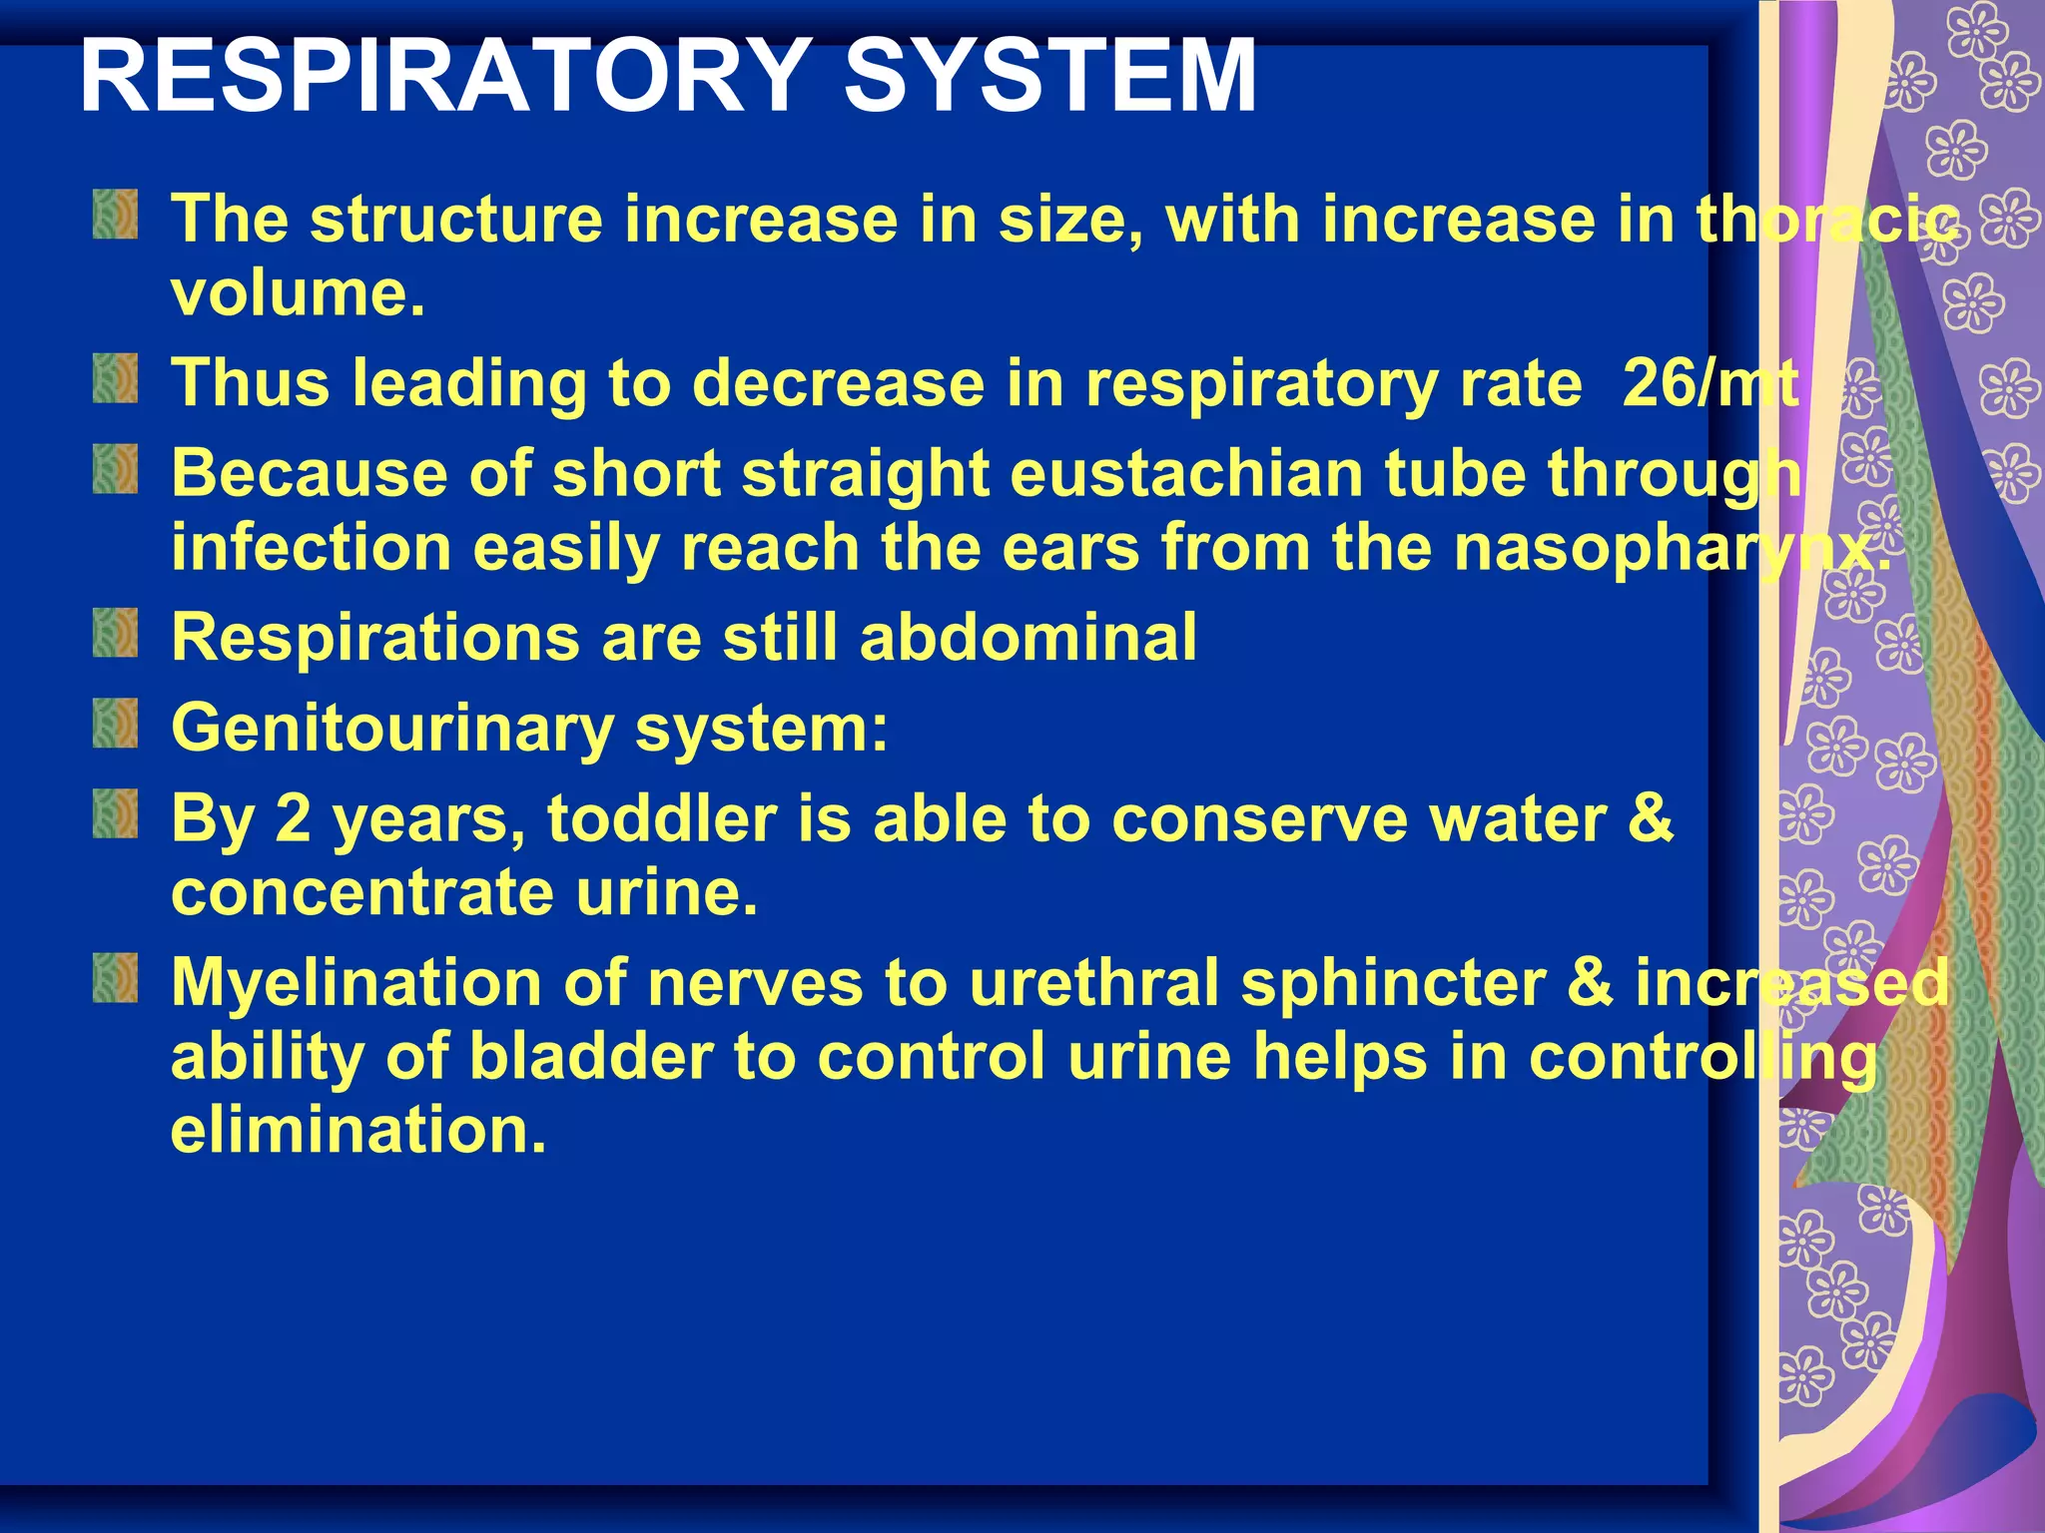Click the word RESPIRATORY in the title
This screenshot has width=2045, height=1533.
point(445,76)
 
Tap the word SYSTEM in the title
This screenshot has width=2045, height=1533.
point(1050,76)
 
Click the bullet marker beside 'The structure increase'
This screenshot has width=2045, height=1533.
point(116,214)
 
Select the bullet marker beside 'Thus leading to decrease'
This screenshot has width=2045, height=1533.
point(116,379)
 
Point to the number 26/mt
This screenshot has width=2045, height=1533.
point(1709,383)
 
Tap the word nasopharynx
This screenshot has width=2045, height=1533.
point(1672,548)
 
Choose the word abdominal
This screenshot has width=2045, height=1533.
point(1027,637)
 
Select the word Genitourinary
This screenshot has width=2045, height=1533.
point(392,728)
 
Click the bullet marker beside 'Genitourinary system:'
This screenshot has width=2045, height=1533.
point(116,724)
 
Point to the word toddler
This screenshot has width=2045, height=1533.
point(662,818)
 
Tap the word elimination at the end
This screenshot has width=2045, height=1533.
point(358,1130)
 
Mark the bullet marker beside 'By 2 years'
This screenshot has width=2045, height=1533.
point(116,813)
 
